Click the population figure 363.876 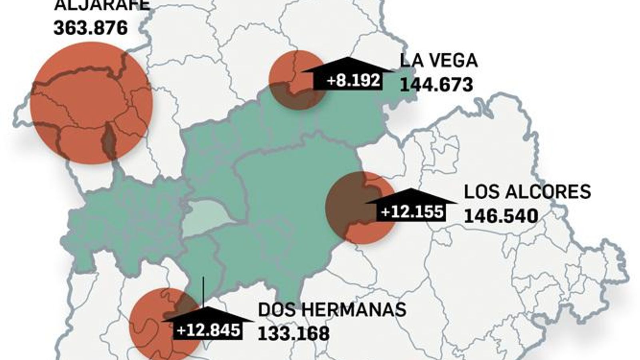pos(91,28)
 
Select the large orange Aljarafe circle pos(91,103)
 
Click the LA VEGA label pos(438,60)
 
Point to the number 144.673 pos(436,84)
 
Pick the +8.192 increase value pos(353,80)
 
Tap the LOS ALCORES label pos(527,192)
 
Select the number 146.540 pos(501,216)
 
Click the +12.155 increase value pos(412,212)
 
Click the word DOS pos(277,310)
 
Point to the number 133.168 pos(294,333)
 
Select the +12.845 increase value pos(208,330)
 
